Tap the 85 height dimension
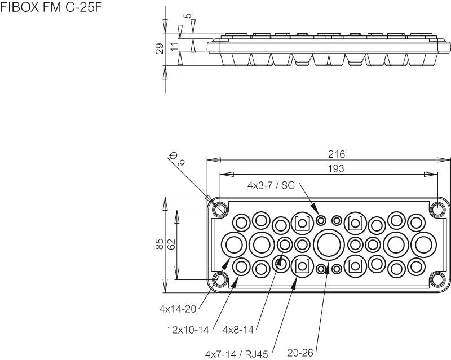(160, 243)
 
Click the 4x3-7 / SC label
(271, 185)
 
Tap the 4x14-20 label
(179, 309)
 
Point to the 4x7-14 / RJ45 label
(237, 354)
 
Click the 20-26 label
(300, 353)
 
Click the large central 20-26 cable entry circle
(329, 245)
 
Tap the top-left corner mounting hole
(220, 210)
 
